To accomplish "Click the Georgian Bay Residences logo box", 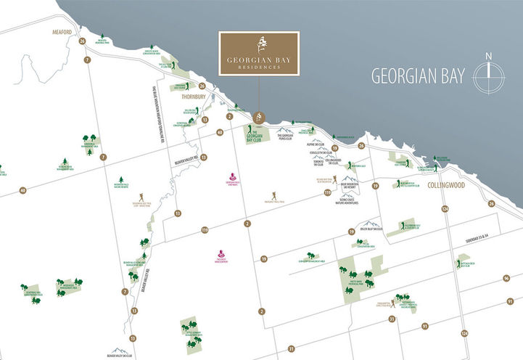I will [260, 52].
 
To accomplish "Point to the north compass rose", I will [490, 76].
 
